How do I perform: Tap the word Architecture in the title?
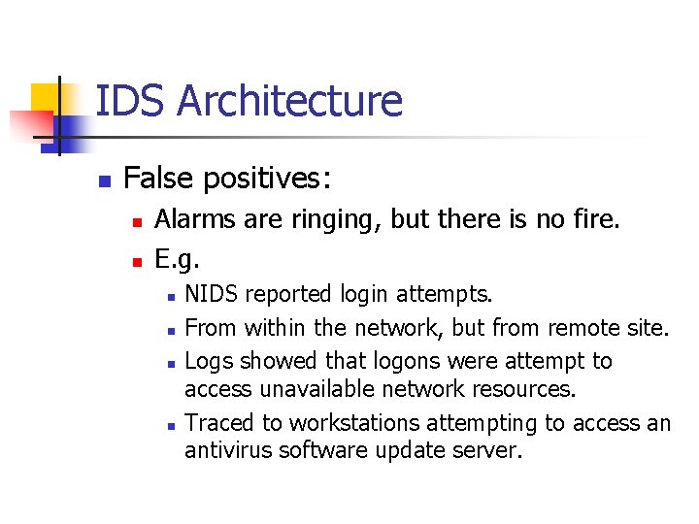[x=289, y=101]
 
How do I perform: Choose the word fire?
[x=594, y=220]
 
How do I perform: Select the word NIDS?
[x=212, y=293]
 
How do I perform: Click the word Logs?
[x=209, y=361]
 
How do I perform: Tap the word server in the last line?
[x=490, y=450]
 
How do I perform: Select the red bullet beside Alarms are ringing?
[x=137, y=222]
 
